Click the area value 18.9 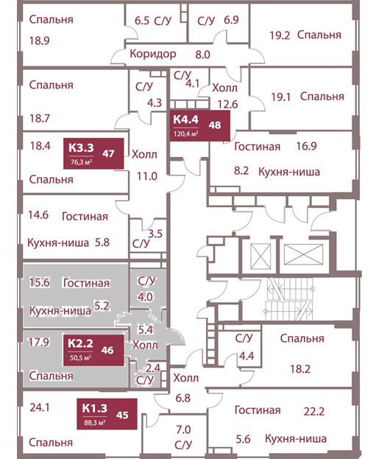[38, 42]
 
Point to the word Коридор [152, 55]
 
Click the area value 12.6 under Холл [228, 104]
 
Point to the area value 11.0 [148, 176]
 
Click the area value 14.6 [38, 217]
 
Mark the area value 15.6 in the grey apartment [38, 284]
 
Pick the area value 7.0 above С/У [182, 430]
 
